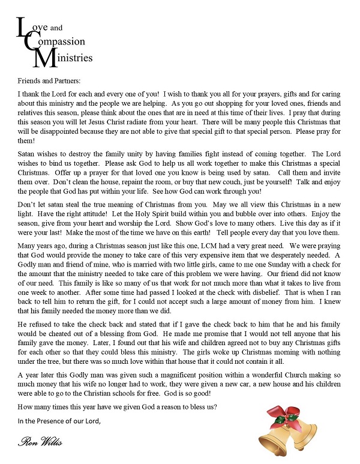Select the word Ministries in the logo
click(x=74, y=58)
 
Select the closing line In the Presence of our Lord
click(x=58, y=421)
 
